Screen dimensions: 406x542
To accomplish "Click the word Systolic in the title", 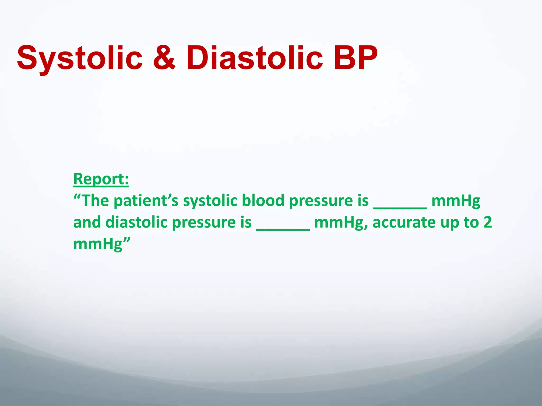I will pyautogui.click(x=79, y=58).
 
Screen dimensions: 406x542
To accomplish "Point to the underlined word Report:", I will pyautogui.click(x=101, y=179).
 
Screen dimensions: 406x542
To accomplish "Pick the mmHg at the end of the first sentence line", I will pyautogui.click(x=456, y=201).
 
